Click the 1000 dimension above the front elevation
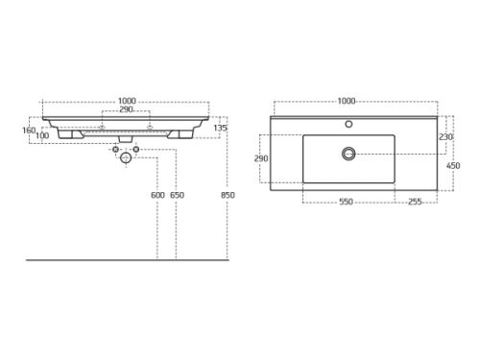tap(127, 101)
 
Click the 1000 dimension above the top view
tap(347, 101)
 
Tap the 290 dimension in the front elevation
tap(126, 109)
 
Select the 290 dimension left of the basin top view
tap(261, 158)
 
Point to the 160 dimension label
tap(29, 131)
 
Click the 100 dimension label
tap(42, 135)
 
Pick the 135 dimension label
tap(220, 128)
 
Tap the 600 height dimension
tap(157, 195)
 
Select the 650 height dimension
tap(177, 195)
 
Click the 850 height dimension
tap(228, 195)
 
